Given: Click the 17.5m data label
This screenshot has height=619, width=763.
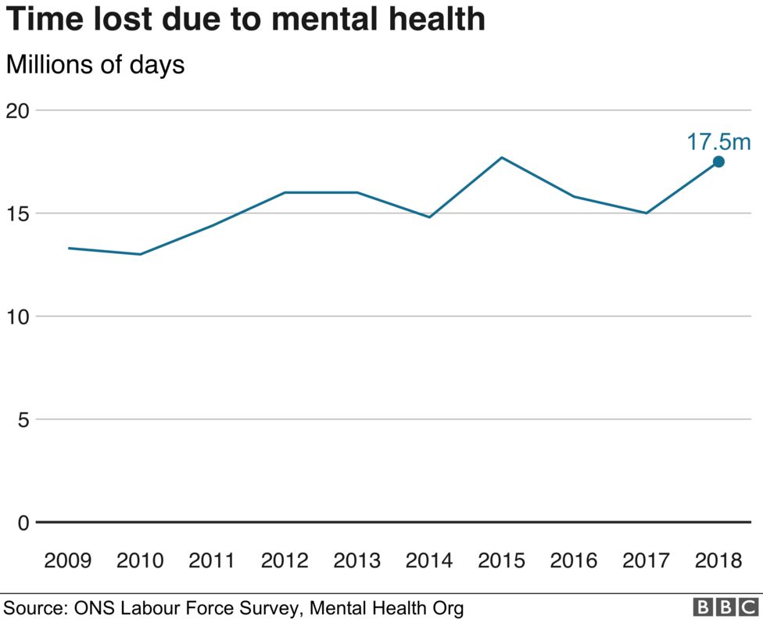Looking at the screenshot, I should pos(718,141).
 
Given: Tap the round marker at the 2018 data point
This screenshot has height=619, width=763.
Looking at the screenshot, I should pos(718,162).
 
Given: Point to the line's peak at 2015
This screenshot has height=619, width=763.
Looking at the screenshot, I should pos(502,158).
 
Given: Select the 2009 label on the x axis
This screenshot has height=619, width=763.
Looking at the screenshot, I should pos(67,560).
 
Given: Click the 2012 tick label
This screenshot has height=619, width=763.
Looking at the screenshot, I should pos(285,560).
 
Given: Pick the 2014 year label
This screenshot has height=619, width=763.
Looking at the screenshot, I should pos(429,560).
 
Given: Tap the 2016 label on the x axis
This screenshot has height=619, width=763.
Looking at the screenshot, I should pos(574,560).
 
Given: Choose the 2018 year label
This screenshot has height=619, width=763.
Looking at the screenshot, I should pos(718,560).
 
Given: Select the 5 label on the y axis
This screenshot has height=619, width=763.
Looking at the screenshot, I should pos(23,420).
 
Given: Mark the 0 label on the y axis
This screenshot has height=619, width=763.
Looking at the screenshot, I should pos(23,522).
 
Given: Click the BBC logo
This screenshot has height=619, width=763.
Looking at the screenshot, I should pos(725,607).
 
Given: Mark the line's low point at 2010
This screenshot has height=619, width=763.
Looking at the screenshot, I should pos(140,254).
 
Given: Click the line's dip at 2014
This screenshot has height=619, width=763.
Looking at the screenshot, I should pos(429,216).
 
